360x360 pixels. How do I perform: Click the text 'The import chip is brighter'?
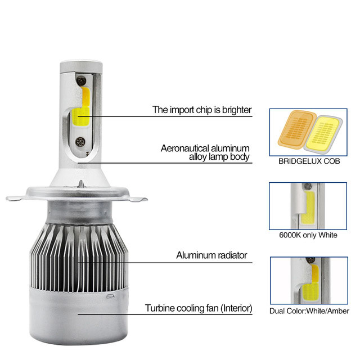point(202,110)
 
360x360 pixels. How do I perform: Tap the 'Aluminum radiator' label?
point(211,255)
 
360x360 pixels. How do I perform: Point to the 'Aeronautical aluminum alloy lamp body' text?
point(205,152)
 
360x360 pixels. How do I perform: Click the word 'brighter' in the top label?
point(236,110)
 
